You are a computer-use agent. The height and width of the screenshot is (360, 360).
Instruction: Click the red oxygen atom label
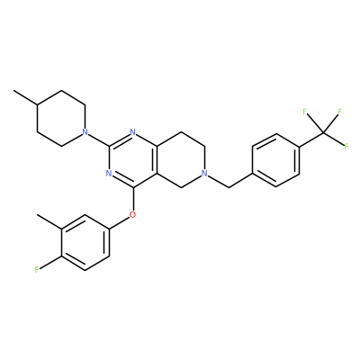[x=133, y=215]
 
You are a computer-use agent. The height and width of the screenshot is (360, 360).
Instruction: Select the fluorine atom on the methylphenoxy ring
[x=37, y=270]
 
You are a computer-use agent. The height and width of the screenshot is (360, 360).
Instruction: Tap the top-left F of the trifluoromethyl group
[x=305, y=112]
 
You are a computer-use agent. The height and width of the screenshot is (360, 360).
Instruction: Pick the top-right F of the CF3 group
[x=340, y=112]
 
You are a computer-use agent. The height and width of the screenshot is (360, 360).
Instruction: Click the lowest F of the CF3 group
[x=346, y=147]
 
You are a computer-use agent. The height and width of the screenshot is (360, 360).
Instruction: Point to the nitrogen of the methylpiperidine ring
[x=85, y=132]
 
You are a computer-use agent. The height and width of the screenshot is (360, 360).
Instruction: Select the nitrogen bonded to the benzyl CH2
[x=204, y=174]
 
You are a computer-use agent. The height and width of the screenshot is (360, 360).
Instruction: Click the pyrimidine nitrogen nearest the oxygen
[x=109, y=174]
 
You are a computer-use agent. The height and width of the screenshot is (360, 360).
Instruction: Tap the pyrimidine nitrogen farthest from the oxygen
[x=133, y=132]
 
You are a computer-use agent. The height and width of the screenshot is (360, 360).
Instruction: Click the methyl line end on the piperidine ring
[x=13, y=90]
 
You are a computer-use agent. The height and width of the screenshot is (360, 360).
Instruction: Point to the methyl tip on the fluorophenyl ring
[x=37, y=215]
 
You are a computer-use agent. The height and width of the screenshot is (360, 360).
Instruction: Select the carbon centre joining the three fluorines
[x=323, y=132]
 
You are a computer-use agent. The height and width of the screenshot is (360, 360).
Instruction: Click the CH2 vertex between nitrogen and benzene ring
[x=229, y=187]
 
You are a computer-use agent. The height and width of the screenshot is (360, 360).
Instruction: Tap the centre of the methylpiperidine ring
[x=61, y=118]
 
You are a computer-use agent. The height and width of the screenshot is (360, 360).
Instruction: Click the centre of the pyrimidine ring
[x=133, y=159]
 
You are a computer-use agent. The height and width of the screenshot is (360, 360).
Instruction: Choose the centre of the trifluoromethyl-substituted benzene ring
[x=276, y=160]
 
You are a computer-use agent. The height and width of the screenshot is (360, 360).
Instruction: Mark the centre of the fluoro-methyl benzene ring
[x=85, y=242]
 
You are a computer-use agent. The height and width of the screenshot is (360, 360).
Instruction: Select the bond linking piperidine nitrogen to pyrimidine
[x=99, y=139]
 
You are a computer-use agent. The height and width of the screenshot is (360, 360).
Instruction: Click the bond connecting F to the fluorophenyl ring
[x=50, y=263]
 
